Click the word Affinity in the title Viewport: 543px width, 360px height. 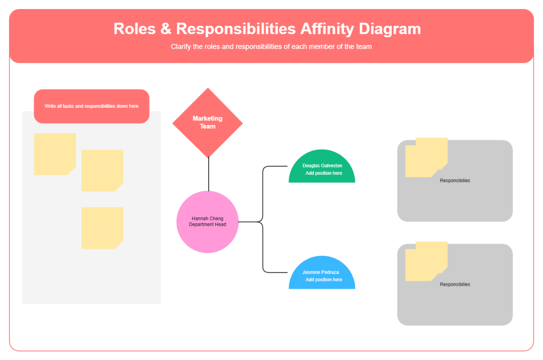tap(326, 29)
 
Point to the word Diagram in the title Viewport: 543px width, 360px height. tap(390, 29)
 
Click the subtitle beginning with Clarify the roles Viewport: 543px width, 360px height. tap(271, 46)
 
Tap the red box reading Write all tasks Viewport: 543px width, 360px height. tap(91, 106)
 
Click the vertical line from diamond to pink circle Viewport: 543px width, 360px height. tap(209, 174)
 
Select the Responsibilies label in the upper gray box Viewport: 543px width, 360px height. tap(455, 181)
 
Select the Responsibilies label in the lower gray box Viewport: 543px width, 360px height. tap(455, 284)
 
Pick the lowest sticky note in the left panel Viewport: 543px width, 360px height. tap(102, 227)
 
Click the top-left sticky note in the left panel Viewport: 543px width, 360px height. tap(54, 154)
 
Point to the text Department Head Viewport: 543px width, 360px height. tap(207, 225)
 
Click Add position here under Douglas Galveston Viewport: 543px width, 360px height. tap(324, 173)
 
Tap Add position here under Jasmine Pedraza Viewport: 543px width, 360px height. tap(324, 279)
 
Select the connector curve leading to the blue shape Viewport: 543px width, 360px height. tap(263, 254)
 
